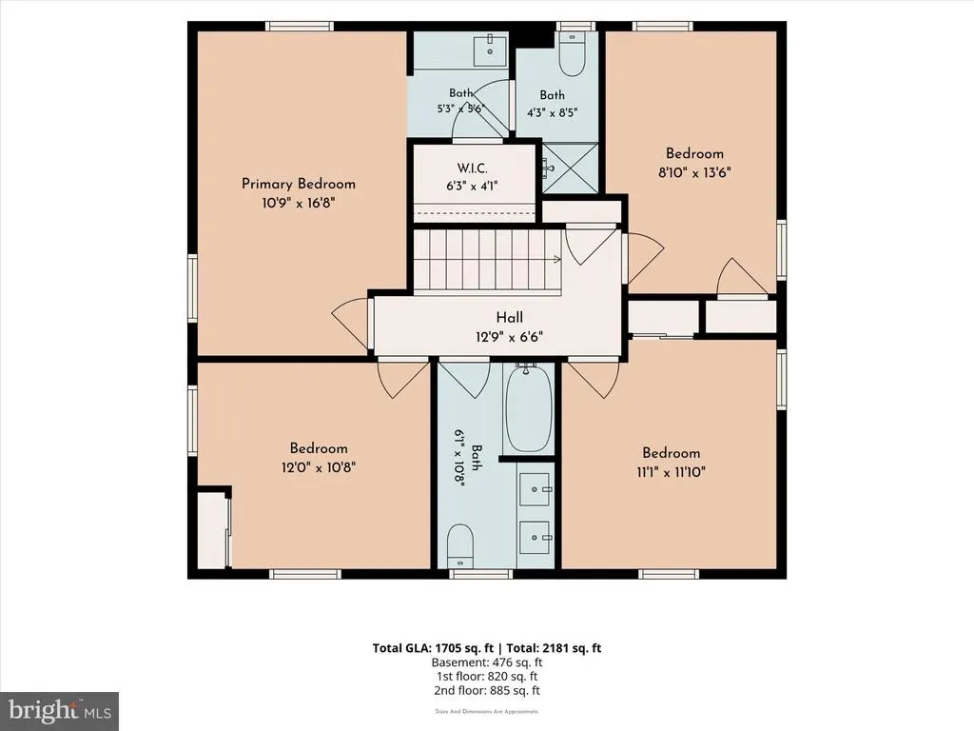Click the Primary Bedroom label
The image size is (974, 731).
(298, 184)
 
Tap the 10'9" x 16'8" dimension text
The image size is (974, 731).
(298, 203)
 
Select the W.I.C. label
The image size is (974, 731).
(472, 168)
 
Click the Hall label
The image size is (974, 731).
(510, 318)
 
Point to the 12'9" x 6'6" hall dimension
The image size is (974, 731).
(510, 337)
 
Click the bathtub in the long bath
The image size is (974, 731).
(528, 409)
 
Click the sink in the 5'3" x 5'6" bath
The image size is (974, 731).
(490, 49)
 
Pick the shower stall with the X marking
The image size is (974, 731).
(571, 168)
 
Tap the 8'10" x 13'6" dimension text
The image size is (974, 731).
(694, 172)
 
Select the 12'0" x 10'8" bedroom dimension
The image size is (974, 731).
(318, 466)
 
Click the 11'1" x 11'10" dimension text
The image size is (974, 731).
(671, 472)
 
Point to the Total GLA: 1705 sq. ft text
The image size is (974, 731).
(433, 648)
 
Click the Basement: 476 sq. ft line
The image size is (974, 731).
(487, 662)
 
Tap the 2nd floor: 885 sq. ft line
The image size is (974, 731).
(487, 691)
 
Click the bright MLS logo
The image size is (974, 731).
(59, 710)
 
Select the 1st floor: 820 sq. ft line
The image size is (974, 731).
(487, 677)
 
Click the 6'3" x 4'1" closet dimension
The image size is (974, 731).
(472, 186)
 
